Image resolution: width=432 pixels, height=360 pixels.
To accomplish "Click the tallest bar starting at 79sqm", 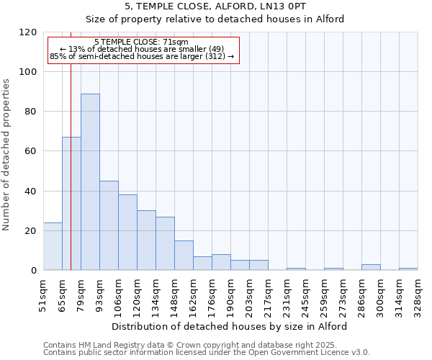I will [x=90, y=182].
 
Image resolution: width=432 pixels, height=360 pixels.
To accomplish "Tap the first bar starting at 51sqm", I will [x=53, y=246].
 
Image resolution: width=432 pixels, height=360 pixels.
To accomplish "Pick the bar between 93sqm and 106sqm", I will [x=109, y=225].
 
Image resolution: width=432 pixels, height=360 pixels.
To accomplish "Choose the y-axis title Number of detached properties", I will [x=6, y=151].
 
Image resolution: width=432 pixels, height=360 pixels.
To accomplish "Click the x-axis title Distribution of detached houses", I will [x=230, y=326].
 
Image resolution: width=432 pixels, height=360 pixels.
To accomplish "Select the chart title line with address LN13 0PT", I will [x=215, y=6].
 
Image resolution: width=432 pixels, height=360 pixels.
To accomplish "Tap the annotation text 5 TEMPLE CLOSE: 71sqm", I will [x=141, y=42].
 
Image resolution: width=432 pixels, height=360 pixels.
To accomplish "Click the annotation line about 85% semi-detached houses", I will [x=141, y=56].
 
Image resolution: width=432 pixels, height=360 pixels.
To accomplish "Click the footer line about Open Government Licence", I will [x=206, y=352].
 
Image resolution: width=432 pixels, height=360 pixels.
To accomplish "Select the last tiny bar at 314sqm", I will [x=408, y=269].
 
